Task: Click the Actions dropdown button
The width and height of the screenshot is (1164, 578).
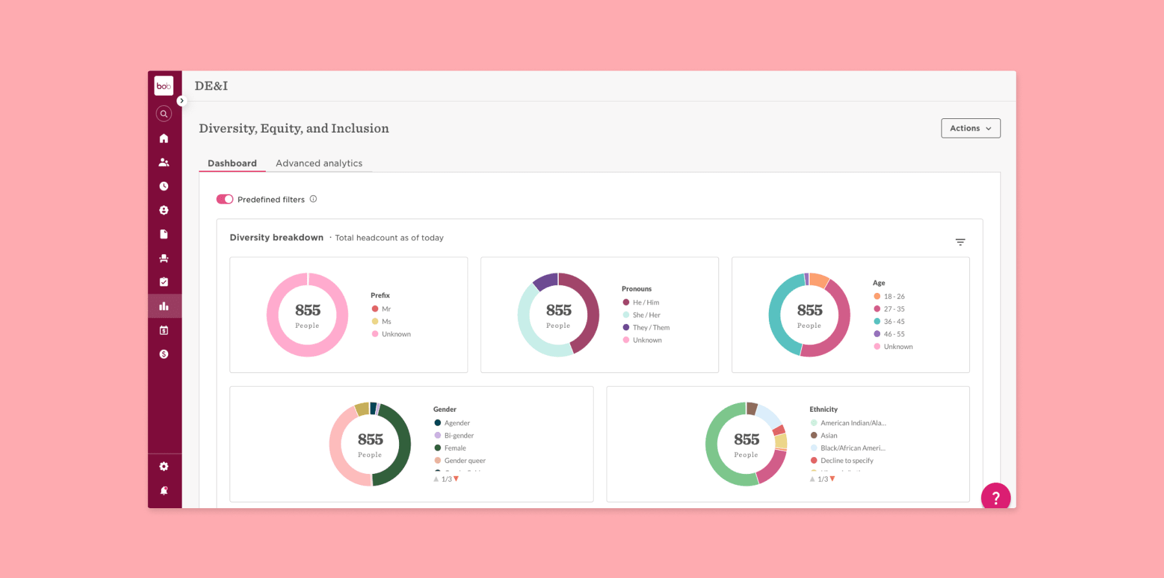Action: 970,128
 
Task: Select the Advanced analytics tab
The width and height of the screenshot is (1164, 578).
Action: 319,164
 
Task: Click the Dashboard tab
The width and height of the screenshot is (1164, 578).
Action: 232,164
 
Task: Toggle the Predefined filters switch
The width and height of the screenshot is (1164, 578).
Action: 224,199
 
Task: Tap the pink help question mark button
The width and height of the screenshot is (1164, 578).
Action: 995,497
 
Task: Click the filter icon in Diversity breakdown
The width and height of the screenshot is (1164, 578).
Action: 960,242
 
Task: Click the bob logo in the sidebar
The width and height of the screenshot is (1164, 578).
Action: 164,86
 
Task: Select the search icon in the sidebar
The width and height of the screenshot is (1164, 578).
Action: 164,114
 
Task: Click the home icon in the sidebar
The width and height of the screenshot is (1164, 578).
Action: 164,138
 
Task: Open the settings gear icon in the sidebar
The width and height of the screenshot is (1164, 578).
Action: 164,466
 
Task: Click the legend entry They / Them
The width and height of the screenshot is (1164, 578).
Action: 651,328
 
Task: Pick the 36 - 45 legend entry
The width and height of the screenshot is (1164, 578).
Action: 894,321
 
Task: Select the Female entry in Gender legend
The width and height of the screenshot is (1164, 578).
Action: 455,448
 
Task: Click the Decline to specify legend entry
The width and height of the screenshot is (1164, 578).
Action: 846,460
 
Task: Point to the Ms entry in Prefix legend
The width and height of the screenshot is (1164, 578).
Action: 386,321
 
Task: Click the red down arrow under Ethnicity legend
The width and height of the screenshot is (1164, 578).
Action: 832,479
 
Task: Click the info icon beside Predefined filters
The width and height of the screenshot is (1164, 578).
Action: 313,199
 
